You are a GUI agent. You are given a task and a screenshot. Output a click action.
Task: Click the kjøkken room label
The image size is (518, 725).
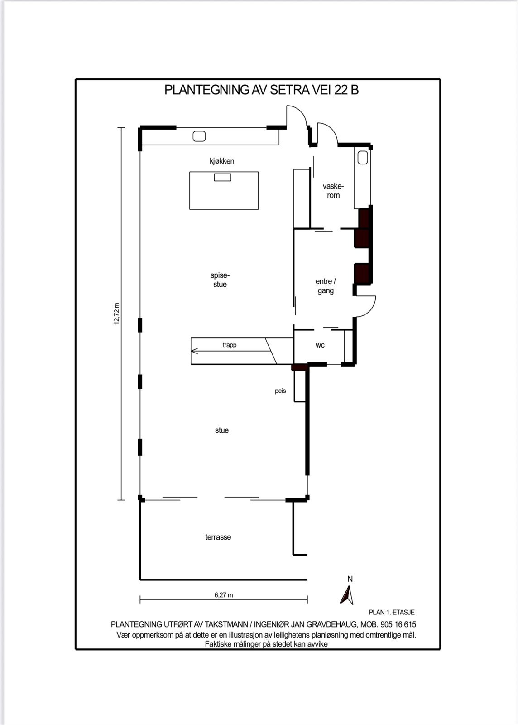tap(222, 161)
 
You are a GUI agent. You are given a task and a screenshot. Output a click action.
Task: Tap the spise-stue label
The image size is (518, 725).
tap(220, 280)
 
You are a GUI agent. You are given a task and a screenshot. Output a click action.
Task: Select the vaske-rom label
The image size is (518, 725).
tap(333, 191)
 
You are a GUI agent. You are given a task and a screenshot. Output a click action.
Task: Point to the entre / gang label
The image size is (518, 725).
tap(326, 286)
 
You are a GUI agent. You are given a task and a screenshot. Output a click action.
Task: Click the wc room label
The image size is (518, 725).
tap(320, 345)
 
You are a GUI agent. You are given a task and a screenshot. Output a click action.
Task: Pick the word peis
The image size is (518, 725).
tap(280, 391)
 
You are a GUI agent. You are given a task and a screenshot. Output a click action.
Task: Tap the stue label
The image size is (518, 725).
tap(222, 430)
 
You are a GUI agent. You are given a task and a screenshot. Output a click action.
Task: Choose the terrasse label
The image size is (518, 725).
tap(218, 537)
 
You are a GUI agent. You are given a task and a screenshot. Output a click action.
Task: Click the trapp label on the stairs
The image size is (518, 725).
tap(230, 345)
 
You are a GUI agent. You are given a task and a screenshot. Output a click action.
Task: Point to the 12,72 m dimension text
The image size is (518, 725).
tap(117, 314)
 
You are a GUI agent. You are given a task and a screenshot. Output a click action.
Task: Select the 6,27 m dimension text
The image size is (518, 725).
tap(224, 595)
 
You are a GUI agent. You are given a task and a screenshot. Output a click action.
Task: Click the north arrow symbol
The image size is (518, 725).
tap(348, 595)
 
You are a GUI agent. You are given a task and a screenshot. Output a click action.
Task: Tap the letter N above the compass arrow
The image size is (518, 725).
tap(350, 579)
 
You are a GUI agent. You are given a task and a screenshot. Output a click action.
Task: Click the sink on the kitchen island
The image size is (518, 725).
tap(223, 177)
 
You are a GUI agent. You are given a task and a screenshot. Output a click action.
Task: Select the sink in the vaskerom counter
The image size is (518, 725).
tap(363, 158)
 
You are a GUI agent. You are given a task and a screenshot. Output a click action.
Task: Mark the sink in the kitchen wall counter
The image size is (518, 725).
tap(199, 136)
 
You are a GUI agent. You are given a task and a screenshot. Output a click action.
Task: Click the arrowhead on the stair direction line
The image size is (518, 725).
tap(194, 351)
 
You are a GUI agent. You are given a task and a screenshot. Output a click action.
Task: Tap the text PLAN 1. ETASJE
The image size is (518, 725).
tap(392, 612)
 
